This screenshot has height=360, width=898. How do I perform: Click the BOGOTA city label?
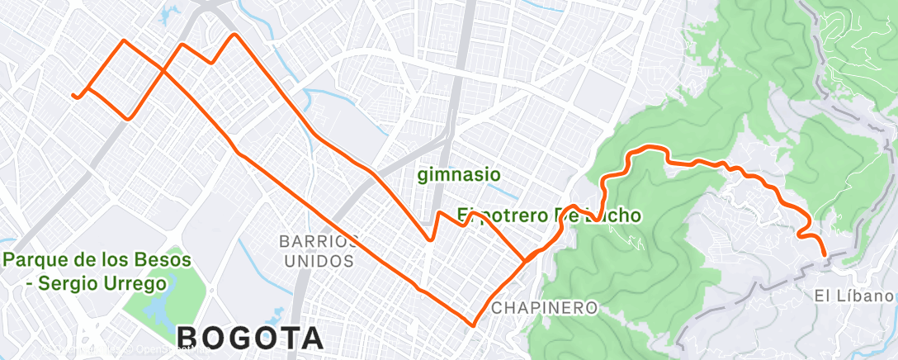tap(250, 338)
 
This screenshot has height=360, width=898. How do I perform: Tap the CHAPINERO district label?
tap(544, 308)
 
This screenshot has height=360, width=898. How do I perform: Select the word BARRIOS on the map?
tap(319, 242)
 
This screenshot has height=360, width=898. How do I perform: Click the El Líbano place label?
tap(854, 296)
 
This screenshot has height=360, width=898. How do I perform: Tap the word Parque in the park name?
tap(35, 260)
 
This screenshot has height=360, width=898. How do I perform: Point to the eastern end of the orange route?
tap(825, 256)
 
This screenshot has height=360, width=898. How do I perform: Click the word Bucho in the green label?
tap(612, 216)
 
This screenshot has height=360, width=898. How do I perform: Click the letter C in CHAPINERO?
tap(497, 308)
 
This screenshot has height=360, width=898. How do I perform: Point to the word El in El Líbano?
tap(821, 296)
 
